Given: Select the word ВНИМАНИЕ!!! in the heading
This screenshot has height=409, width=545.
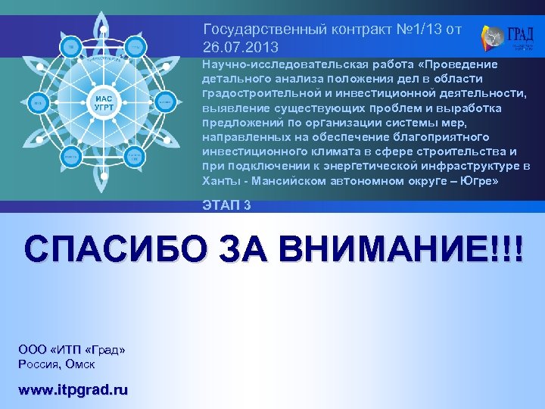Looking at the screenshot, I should pos(397,249).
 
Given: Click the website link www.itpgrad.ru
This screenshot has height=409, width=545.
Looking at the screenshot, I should pos(73,390).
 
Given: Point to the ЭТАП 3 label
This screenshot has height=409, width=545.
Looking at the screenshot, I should pos(227,204).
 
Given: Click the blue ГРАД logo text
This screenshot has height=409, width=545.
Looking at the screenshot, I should pos(521,35).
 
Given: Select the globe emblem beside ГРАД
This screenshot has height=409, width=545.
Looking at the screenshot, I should pos(493,36).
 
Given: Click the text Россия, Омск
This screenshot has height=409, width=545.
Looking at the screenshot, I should pos(58,364).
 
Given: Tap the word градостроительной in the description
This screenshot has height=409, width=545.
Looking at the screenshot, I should pos(256,93).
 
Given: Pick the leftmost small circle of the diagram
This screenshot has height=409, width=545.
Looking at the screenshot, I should pos(39,101).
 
